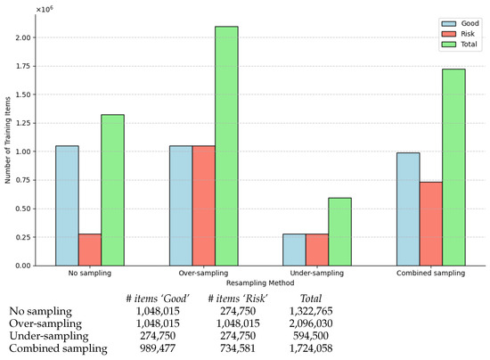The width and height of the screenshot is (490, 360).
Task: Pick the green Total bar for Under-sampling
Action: point(339,232)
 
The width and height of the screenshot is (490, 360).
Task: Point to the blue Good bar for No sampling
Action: point(67,205)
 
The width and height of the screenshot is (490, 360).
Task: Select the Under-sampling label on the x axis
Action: point(315,273)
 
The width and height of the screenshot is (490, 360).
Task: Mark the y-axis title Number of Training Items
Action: point(8,138)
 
